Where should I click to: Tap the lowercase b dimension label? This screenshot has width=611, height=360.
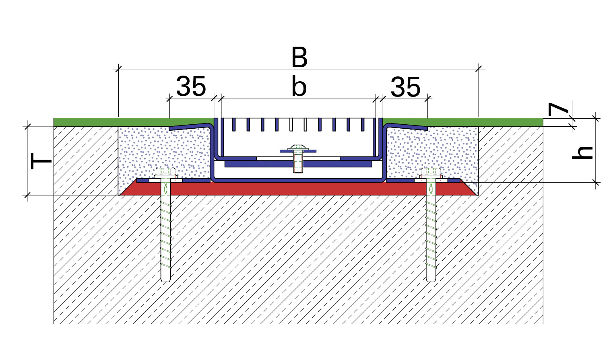[x=299, y=86]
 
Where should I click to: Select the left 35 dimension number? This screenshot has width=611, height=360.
[x=191, y=86]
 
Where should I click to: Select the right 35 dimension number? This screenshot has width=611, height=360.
[x=406, y=87]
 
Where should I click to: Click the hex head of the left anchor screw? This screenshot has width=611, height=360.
[x=165, y=172]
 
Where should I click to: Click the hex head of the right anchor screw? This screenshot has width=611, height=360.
[x=431, y=172]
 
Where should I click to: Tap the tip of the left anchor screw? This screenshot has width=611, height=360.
[x=165, y=281]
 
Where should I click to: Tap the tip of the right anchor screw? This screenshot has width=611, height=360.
[x=431, y=281]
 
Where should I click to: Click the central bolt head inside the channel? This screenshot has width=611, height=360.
[x=298, y=148]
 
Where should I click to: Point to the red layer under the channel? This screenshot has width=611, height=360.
[x=299, y=189]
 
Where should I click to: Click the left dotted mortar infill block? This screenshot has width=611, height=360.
[x=164, y=152]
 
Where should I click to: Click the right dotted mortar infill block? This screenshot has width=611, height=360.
[x=432, y=152]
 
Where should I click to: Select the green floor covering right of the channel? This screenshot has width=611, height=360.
[x=464, y=122]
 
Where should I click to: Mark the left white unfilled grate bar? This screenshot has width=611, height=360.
[x=291, y=125]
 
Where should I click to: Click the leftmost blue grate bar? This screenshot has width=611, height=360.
[x=234, y=125]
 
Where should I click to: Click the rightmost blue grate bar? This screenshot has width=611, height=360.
[x=363, y=125]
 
